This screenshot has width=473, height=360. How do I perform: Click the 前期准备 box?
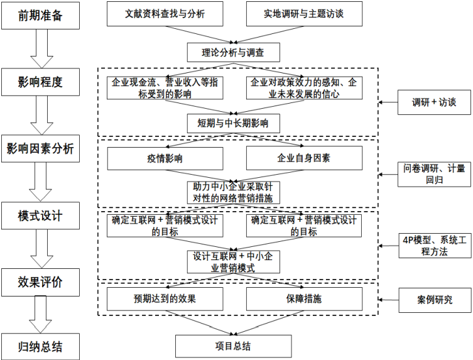(x=41, y=15)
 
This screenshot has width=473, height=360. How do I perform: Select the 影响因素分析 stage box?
(x=41, y=148)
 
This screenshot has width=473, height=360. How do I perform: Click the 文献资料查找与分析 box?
(x=165, y=13)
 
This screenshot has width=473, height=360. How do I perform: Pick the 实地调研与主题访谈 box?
(x=304, y=13)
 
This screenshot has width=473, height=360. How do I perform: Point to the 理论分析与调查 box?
(x=233, y=52)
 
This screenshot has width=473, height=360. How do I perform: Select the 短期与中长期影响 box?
(x=233, y=123)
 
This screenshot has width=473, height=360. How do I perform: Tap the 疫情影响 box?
(x=165, y=158)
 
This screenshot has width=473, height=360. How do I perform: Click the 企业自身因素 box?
(x=304, y=158)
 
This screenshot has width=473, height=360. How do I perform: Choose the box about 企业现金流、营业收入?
(x=165, y=87)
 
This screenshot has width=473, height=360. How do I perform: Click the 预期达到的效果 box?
(x=165, y=298)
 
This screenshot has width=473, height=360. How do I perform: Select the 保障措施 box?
(x=304, y=298)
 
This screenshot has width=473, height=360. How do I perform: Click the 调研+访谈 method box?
(x=434, y=102)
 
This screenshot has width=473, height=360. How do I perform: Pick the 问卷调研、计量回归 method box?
(x=434, y=173)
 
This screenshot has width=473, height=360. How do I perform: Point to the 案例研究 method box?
(x=434, y=300)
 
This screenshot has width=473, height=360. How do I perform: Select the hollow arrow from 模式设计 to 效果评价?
(x=41, y=248)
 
